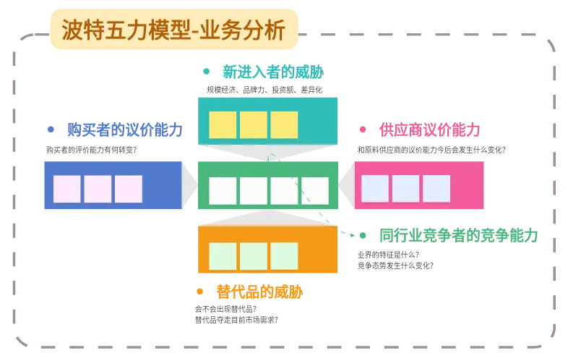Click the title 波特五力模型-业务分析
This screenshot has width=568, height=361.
(173, 30)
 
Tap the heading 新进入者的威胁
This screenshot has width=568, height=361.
(273, 72)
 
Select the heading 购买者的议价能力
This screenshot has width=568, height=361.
(124, 129)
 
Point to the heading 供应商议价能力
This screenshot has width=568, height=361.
(430, 129)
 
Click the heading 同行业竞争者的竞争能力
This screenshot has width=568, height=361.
(459, 235)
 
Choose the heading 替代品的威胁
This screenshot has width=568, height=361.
(259, 292)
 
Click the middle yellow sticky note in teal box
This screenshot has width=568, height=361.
(254, 125)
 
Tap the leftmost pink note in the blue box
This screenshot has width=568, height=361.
(67, 189)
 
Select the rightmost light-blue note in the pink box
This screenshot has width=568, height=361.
(436, 189)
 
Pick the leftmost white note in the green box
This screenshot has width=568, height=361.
(223, 191)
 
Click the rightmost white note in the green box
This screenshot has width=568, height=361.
(315, 191)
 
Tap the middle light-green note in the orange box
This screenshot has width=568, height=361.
(254, 256)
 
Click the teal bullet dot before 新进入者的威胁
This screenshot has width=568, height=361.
(207, 72)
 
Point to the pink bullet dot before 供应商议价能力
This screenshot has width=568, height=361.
(363, 129)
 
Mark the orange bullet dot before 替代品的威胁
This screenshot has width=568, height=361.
(199, 292)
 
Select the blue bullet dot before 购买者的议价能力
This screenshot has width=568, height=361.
(51, 129)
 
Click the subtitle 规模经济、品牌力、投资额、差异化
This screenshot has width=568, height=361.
(264, 90)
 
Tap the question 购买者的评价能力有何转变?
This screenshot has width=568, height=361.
(91, 150)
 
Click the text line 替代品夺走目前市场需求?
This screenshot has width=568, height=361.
(236, 320)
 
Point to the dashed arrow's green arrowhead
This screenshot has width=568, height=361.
(352, 235)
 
